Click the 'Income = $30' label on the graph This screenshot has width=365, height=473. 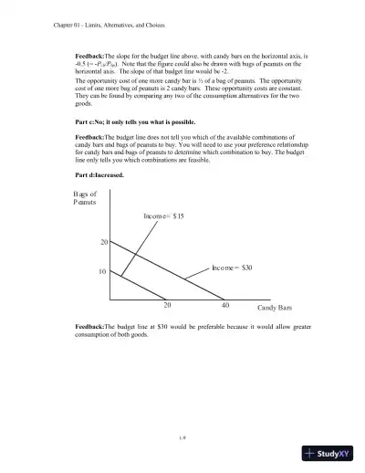tap(232, 268)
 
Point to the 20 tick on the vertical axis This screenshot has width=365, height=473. tap(104, 242)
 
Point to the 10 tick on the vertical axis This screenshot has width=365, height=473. tap(104, 271)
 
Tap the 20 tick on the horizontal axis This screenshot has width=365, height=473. tap(167, 306)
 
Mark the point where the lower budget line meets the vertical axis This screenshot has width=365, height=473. tap(109, 271)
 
